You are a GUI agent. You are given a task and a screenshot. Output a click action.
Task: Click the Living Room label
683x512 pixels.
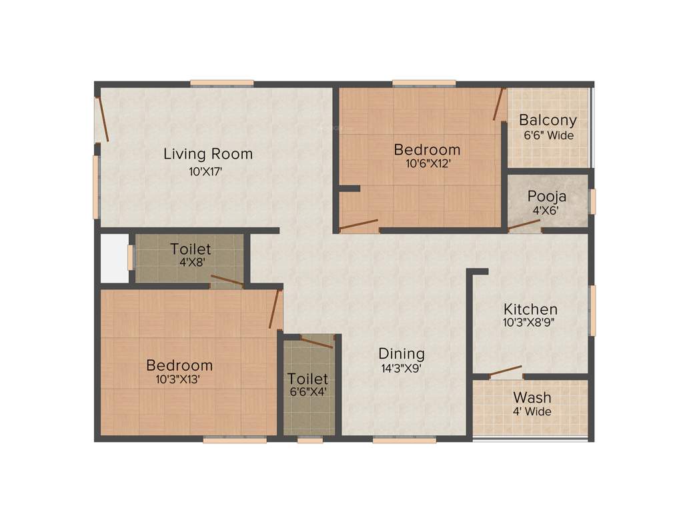(208, 154)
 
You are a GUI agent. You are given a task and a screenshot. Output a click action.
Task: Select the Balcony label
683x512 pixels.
(548, 121)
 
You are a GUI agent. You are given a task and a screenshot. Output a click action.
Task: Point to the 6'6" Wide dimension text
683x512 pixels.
(548, 135)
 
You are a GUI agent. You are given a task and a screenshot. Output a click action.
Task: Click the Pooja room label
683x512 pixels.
(547, 197)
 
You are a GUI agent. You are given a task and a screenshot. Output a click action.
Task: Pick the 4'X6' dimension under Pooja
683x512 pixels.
(546, 211)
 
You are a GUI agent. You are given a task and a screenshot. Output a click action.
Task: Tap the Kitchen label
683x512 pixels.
(530, 309)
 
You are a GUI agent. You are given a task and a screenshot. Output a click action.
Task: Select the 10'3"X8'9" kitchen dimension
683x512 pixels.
(530, 322)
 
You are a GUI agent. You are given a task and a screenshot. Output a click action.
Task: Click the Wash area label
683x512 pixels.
(532, 398)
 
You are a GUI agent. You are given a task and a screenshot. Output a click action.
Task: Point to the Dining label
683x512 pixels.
(402, 353)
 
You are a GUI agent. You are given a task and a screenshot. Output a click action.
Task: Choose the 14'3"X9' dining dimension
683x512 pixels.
(401, 367)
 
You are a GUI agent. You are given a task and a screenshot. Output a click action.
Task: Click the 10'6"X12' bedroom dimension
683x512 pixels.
(427, 164)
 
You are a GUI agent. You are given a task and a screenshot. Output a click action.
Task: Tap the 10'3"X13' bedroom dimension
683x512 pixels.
(179, 379)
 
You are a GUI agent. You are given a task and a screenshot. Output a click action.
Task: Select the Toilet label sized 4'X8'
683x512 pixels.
(190, 249)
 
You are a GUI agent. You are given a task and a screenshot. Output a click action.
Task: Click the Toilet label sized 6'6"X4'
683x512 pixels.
(307, 379)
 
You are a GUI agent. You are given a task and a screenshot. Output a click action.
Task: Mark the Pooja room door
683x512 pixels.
(524, 226)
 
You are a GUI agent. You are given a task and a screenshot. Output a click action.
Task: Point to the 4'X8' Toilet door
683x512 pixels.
(227, 281)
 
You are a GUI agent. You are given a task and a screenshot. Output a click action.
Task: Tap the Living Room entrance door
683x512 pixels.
(102, 119)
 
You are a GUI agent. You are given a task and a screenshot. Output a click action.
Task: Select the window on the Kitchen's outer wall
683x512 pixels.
(592, 310)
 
